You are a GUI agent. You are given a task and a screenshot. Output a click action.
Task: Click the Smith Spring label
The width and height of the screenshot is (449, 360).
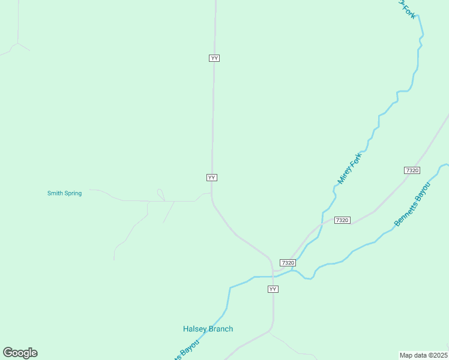(x=64, y=193)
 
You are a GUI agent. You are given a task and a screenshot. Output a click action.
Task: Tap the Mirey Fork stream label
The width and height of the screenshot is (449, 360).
(x=350, y=169)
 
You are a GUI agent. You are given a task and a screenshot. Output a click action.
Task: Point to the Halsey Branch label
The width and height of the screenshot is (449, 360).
(x=208, y=329)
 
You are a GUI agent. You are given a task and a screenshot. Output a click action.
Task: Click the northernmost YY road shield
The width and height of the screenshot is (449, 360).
(x=214, y=58)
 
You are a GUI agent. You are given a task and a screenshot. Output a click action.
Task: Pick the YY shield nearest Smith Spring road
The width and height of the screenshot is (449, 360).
(x=211, y=178)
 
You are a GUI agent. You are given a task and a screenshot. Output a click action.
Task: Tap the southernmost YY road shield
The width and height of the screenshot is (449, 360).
(x=273, y=289)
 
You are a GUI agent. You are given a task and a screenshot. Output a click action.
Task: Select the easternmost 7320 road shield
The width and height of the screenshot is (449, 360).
(x=412, y=170)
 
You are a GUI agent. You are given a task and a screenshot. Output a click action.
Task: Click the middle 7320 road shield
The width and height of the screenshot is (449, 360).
(x=342, y=220)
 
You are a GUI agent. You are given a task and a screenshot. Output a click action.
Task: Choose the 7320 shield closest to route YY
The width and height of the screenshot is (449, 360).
(x=288, y=263)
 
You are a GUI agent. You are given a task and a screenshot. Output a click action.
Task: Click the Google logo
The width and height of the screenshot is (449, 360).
(x=20, y=353)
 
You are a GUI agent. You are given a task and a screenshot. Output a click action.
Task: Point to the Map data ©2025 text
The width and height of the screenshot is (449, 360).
(x=423, y=355)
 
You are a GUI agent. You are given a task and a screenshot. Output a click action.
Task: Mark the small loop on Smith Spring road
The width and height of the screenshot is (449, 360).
(x=160, y=194)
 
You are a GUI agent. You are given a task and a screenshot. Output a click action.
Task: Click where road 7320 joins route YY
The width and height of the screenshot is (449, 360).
(x=274, y=271)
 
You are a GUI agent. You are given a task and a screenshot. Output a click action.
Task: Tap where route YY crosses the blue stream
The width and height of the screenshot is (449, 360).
(x=274, y=277)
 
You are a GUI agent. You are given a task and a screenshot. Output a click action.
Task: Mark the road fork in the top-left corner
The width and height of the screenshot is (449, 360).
(x=18, y=43)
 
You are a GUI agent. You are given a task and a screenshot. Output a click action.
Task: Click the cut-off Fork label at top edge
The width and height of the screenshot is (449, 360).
(x=406, y=8)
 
